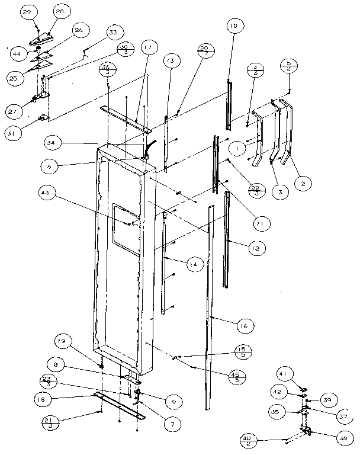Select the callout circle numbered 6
(x=50, y=167)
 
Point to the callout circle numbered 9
(x=171, y=403)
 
